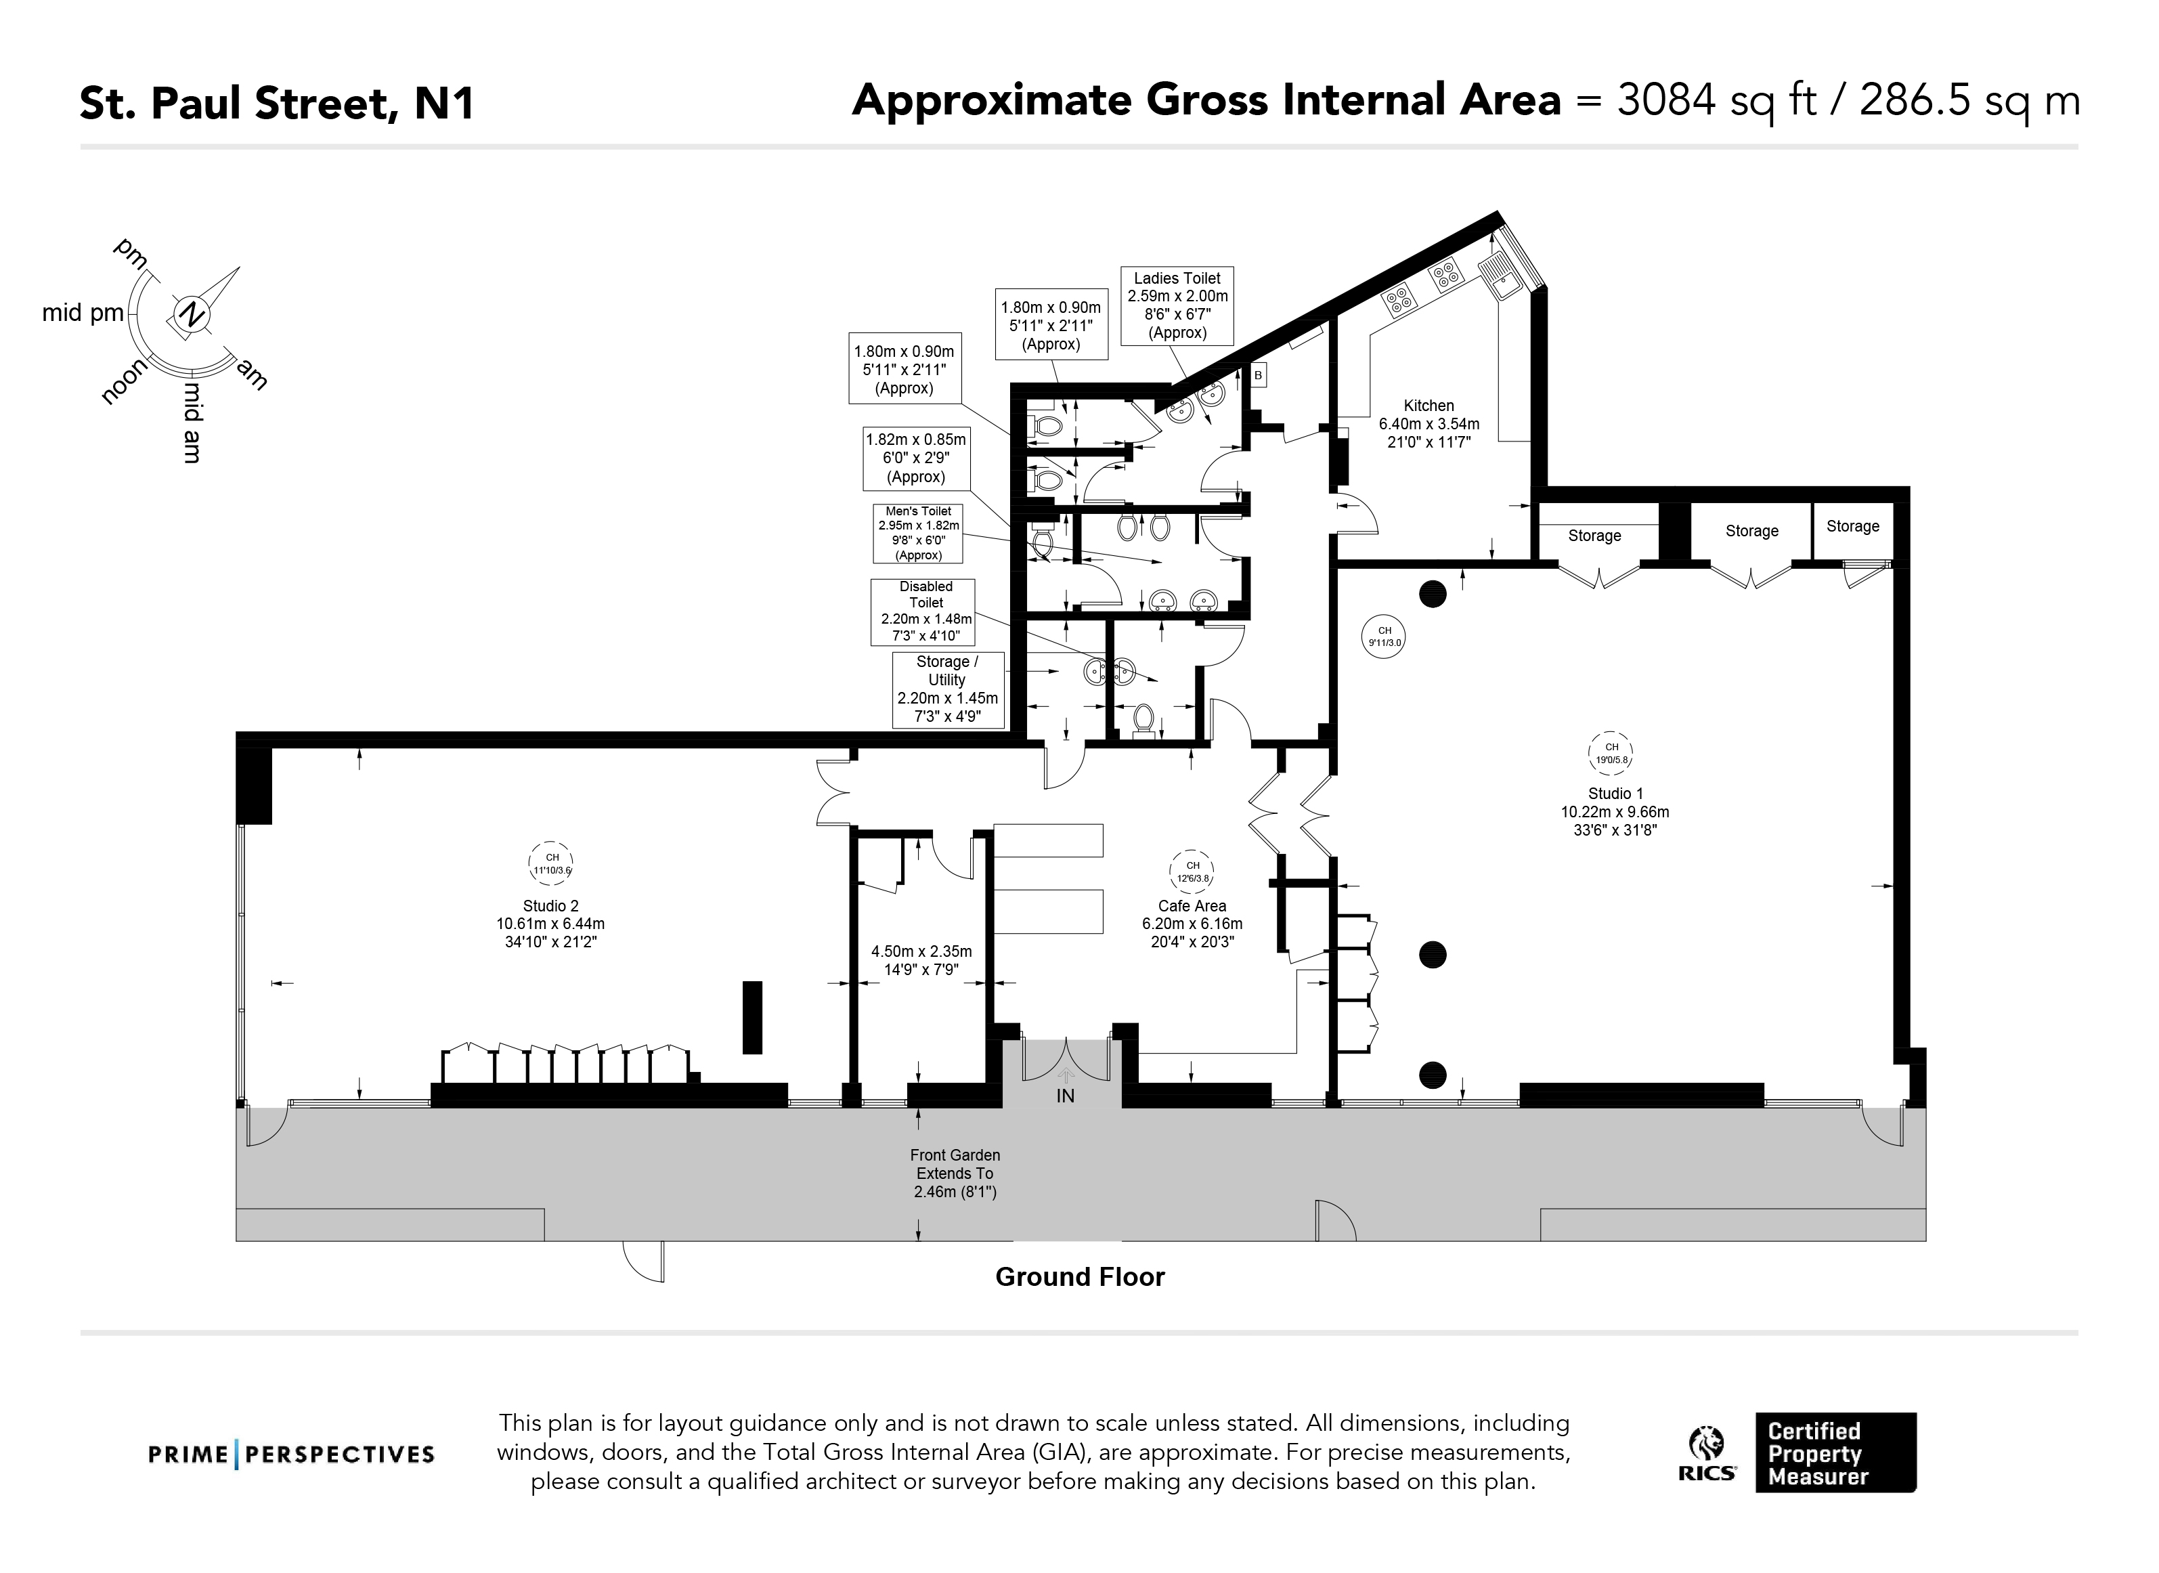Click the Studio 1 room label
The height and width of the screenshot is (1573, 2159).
pos(1615,793)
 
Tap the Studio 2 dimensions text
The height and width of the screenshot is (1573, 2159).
pos(550,932)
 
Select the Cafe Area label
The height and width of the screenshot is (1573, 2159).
pos(1192,905)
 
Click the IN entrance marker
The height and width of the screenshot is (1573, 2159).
pos(1065,1096)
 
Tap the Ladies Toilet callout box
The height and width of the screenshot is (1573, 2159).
pos(1177,305)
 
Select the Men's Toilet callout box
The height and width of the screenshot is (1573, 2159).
pos(919,533)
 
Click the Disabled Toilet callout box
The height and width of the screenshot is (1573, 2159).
pos(925,611)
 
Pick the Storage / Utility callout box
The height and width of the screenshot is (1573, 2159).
pos(947,689)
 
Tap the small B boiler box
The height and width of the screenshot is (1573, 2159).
pos(1257,376)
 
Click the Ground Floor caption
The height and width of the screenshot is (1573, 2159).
pos(1079,1277)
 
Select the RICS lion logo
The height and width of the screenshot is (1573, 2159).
pos(1707,1444)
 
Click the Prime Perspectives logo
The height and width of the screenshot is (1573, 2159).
pos(291,1454)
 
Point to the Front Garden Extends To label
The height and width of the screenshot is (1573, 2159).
pos(955,1173)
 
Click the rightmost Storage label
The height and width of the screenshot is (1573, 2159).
pos(1852,527)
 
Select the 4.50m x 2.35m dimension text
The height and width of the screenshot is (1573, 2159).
pos(921,960)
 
